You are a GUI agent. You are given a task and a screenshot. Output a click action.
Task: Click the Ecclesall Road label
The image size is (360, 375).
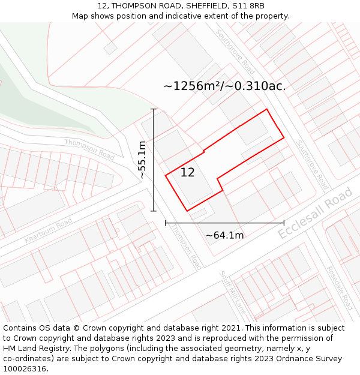(316, 213)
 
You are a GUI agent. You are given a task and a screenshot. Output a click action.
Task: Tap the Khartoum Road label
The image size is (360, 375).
(48, 230)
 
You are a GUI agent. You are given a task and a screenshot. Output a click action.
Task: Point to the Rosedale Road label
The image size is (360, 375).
(340, 289)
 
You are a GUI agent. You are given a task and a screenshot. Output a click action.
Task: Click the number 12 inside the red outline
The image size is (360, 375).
(187, 173)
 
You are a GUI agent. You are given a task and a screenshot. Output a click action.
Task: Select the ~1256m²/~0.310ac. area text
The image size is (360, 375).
(224, 86)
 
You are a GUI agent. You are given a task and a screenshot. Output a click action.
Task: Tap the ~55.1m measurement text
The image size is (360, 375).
(142, 160)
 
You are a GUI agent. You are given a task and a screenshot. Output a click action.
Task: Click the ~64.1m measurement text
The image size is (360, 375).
(224, 235)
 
